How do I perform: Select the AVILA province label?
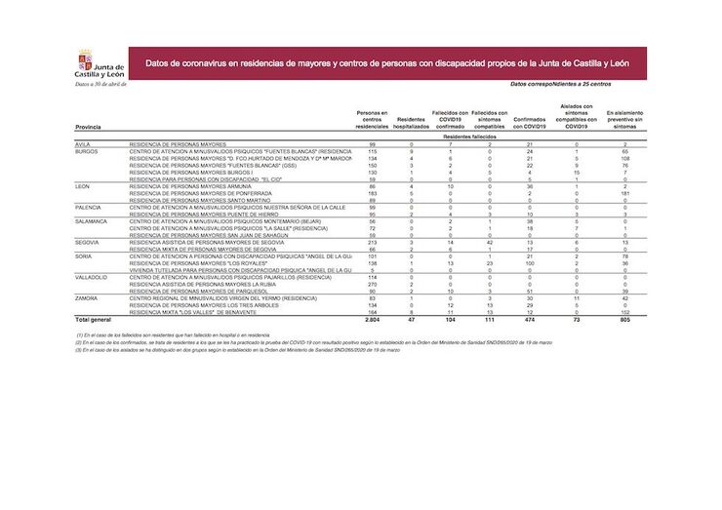(x=83, y=144)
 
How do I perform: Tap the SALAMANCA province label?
(x=93, y=221)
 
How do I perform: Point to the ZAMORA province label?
(x=86, y=297)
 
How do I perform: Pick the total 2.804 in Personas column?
(x=371, y=319)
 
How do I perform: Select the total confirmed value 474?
(x=528, y=319)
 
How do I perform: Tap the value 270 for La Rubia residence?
(x=372, y=284)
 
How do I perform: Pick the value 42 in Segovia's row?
(x=489, y=242)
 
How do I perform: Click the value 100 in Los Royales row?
(x=528, y=263)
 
